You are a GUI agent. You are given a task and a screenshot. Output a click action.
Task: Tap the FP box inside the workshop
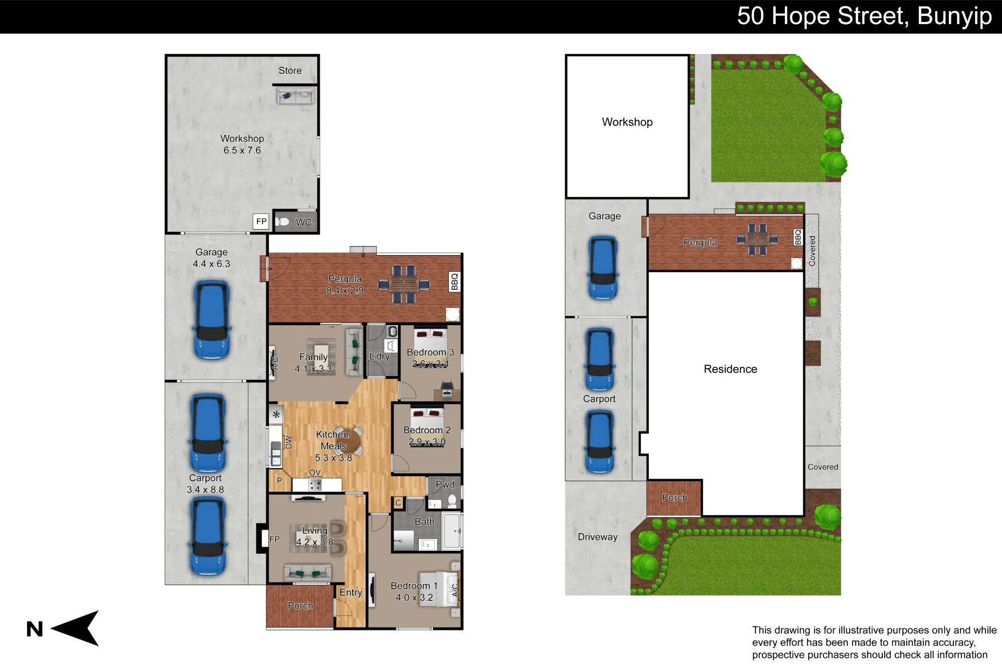pyautogui.click(x=261, y=221)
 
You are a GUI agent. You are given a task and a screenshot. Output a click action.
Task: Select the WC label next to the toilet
pyautogui.click(x=304, y=222)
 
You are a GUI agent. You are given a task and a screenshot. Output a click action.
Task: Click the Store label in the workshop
pyautogui.click(x=290, y=71)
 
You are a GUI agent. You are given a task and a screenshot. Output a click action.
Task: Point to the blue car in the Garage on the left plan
pyautogui.click(x=212, y=320)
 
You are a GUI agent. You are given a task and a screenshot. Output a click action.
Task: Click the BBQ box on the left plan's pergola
pyautogui.click(x=454, y=282)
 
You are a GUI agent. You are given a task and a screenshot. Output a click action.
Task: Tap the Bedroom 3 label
pyautogui.click(x=430, y=352)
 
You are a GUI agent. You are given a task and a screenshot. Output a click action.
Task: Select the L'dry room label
pyautogui.click(x=379, y=356)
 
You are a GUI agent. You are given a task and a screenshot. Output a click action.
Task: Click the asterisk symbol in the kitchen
pyautogui.click(x=276, y=415)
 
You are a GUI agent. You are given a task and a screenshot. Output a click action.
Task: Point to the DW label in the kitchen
pyautogui.click(x=289, y=442)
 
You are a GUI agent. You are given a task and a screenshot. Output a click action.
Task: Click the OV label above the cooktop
pyautogui.click(x=315, y=473)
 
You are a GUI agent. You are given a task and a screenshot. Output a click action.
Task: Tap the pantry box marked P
pyautogui.click(x=279, y=481)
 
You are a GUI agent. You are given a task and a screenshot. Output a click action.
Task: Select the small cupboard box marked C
pyautogui.click(x=398, y=503)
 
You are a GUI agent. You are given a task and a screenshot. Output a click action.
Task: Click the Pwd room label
pyautogui.click(x=445, y=484)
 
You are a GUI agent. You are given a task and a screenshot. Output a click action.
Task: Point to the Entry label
pyautogui.click(x=351, y=592)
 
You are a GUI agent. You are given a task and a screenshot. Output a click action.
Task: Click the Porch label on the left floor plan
pyautogui.click(x=301, y=605)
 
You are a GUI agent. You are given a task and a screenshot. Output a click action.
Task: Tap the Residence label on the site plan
pyautogui.click(x=730, y=369)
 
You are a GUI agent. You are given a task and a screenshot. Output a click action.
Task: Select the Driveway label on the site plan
pyautogui.click(x=598, y=537)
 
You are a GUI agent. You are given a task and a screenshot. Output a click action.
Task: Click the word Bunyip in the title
pyautogui.click(x=954, y=17)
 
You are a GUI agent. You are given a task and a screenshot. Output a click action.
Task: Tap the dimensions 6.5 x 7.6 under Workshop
pyautogui.click(x=242, y=150)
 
